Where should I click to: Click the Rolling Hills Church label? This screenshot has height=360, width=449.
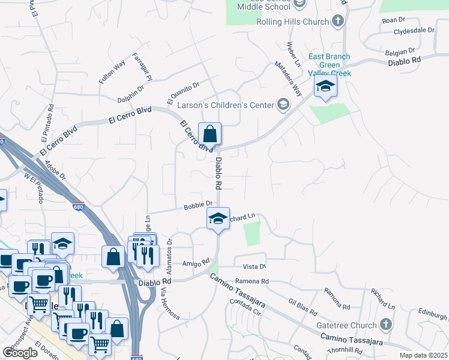292,22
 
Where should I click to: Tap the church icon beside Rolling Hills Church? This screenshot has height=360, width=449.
338,22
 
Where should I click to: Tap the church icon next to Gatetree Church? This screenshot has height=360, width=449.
386,325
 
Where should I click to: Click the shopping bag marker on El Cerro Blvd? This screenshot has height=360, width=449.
210,133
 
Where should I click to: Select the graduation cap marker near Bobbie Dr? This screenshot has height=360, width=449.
218,218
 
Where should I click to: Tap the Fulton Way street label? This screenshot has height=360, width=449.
112,71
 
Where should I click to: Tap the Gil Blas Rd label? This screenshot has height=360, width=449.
302,307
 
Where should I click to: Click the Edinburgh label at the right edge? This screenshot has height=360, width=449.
433,313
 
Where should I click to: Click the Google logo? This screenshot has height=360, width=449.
20,353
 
